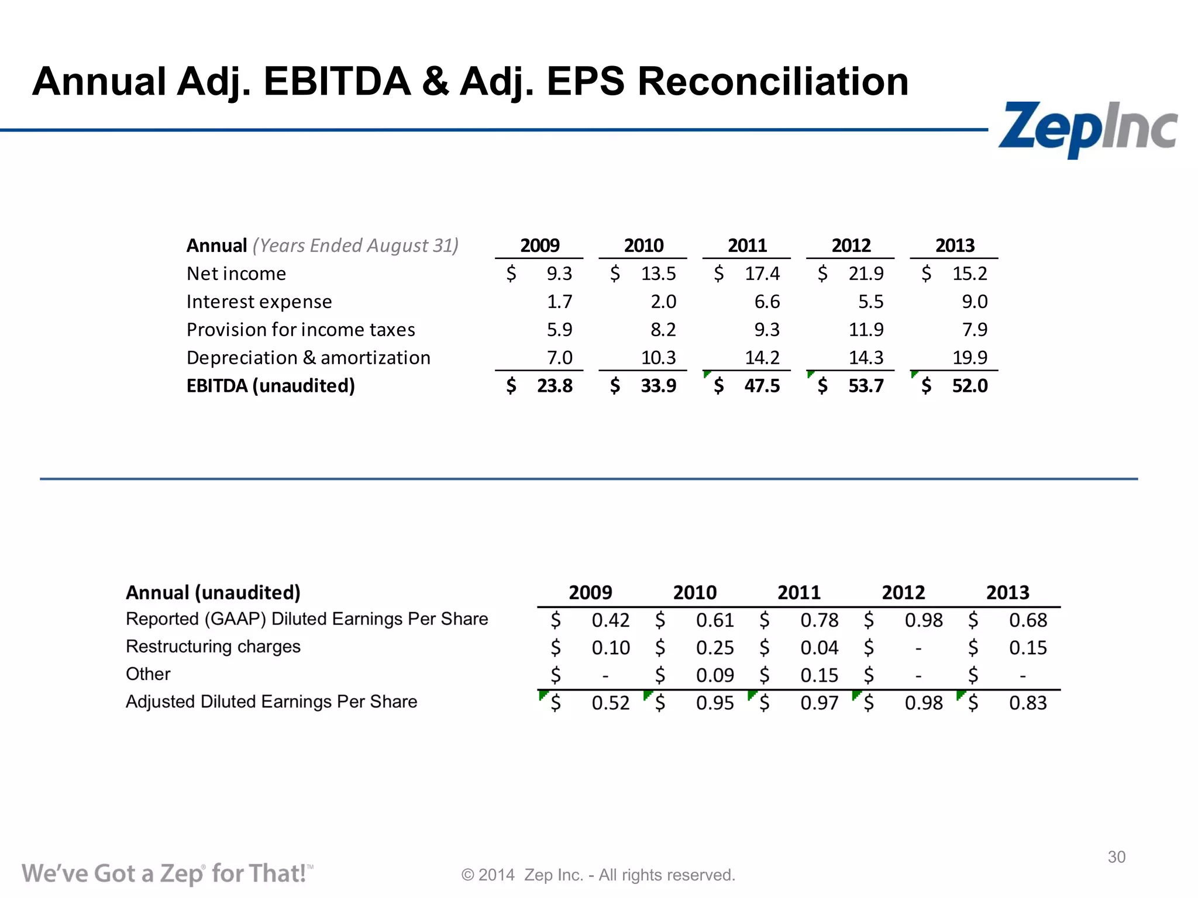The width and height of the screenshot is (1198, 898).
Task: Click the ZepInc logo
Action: (1087, 129)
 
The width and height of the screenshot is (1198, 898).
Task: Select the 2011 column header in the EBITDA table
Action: (747, 246)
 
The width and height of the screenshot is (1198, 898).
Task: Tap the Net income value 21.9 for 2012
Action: (866, 274)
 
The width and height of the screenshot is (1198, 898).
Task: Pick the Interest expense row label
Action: (259, 302)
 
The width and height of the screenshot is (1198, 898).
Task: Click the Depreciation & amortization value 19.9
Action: (969, 357)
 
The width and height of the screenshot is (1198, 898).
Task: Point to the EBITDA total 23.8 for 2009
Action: (555, 386)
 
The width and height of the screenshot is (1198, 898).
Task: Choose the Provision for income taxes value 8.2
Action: (663, 330)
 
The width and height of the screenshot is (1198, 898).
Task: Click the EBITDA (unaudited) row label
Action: (270, 386)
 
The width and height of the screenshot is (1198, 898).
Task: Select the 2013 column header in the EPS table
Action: (1007, 593)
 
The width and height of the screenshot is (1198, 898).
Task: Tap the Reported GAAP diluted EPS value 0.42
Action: (610, 620)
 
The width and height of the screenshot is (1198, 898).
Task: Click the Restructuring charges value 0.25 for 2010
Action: (714, 648)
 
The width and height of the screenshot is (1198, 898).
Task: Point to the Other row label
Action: (148, 674)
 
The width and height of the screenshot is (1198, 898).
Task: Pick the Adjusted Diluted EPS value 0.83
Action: (1028, 703)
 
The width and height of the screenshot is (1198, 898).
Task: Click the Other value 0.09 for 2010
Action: (714, 675)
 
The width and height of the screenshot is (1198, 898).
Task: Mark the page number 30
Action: (1116, 857)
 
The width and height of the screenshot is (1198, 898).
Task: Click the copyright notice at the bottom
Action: (598, 875)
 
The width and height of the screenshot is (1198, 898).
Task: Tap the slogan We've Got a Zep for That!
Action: (167, 873)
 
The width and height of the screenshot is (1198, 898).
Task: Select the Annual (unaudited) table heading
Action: (213, 593)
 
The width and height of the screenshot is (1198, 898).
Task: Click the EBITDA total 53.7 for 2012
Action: (866, 386)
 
